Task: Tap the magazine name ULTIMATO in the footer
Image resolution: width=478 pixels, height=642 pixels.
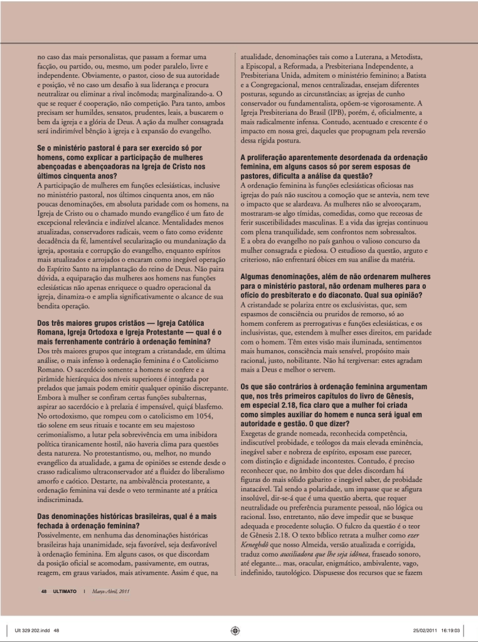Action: tap(64, 591)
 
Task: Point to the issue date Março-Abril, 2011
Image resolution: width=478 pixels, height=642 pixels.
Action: tap(112, 591)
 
